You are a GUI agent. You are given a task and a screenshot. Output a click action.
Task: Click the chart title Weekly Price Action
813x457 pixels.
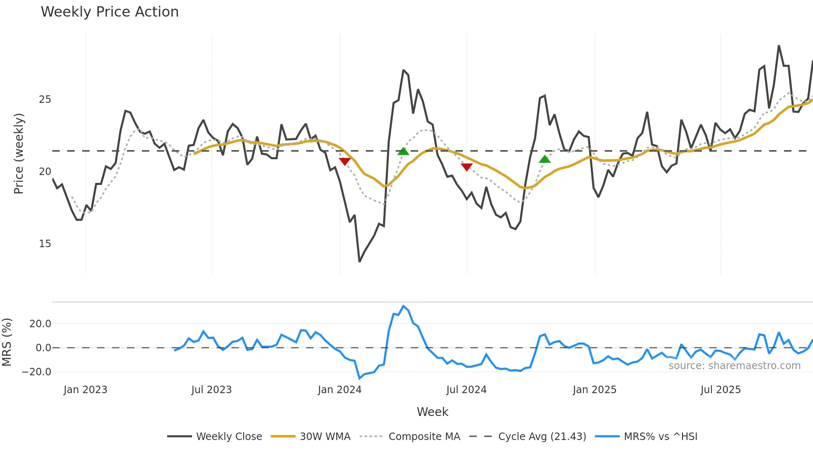click(x=110, y=12)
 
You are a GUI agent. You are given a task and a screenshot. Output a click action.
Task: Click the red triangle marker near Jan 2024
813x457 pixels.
click(x=345, y=161)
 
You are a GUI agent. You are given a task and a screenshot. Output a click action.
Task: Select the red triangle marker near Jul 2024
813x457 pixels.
click(x=467, y=167)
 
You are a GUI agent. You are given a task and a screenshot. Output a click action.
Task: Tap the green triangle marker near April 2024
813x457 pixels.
click(x=403, y=151)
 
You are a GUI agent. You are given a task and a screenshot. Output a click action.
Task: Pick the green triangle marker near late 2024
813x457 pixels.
click(x=545, y=159)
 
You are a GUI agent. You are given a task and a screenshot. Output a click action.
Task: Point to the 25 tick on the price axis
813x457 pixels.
click(x=45, y=100)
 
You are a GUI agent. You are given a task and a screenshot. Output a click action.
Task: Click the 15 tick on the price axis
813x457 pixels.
click(x=45, y=244)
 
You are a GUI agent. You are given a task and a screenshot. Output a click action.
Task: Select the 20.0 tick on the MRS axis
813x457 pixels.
click(x=40, y=324)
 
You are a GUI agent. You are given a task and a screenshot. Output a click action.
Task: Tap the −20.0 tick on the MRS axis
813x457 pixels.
click(x=37, y=372)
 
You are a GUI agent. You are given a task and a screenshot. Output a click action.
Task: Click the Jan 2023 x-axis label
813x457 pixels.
click(x=85, y=390)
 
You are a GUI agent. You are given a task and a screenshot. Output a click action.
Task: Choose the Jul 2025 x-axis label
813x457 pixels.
click(x=721, y=390)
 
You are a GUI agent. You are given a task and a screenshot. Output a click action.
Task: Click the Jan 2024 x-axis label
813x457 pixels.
click(x=340, y=390)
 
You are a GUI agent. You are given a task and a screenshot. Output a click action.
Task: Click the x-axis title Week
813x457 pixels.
click(x=432, y=412)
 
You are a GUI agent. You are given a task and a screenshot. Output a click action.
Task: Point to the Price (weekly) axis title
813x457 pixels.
click(x=19, y=153)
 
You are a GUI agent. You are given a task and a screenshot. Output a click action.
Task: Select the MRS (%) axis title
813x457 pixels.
click(x=7, y=342)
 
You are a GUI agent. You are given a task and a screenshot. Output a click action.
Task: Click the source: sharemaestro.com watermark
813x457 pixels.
click(x=734, y=366)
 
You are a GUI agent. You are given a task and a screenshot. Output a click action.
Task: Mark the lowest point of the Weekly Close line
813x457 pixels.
click(x=360, y=261)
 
